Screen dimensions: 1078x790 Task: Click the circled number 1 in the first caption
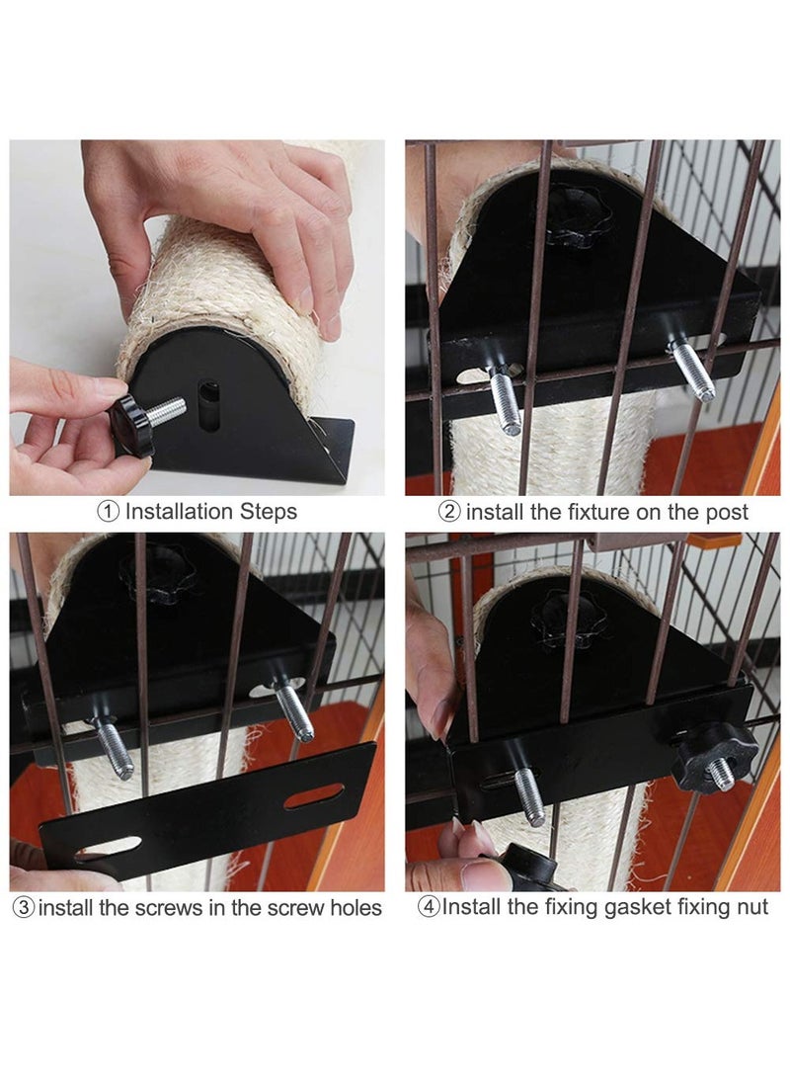[108, 512]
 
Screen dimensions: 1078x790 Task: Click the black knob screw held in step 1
[133, 422]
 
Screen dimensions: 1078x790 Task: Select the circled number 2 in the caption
[449, 512]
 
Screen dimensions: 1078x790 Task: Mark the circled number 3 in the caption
[23, 907]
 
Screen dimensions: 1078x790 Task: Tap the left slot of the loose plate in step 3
[108, 847]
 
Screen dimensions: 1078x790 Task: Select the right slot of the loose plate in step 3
[314, 795]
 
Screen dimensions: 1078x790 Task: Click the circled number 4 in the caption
[429, 907]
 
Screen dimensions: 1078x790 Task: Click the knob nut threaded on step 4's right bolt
[713, 756]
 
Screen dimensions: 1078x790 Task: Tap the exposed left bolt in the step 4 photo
[528, 795]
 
